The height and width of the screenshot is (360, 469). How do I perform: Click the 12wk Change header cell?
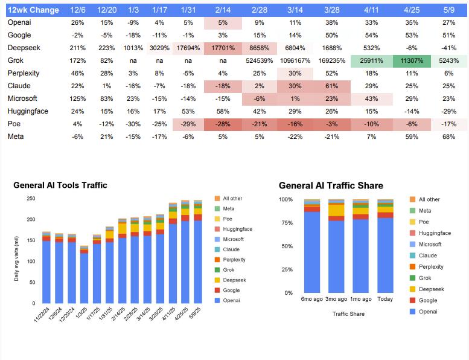[33, 10]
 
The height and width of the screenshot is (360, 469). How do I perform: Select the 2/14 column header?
[223, 10]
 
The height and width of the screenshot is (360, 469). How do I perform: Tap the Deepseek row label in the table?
[24, 48]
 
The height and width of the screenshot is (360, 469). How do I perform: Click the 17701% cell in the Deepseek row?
[223, 48]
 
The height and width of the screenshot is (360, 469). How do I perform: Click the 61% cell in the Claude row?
[331, 86]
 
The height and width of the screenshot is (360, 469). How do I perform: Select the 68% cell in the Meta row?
[448, 137]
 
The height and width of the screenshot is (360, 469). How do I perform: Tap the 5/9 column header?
[448, 10]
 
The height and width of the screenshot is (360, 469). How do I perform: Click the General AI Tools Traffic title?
[60, 185]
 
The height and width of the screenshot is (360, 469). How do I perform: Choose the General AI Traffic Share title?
[331, 185]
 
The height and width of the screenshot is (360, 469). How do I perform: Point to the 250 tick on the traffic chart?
[30, 198]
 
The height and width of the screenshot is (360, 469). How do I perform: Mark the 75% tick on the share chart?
[286, 222]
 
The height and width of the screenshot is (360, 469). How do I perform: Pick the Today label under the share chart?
[385, 299]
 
